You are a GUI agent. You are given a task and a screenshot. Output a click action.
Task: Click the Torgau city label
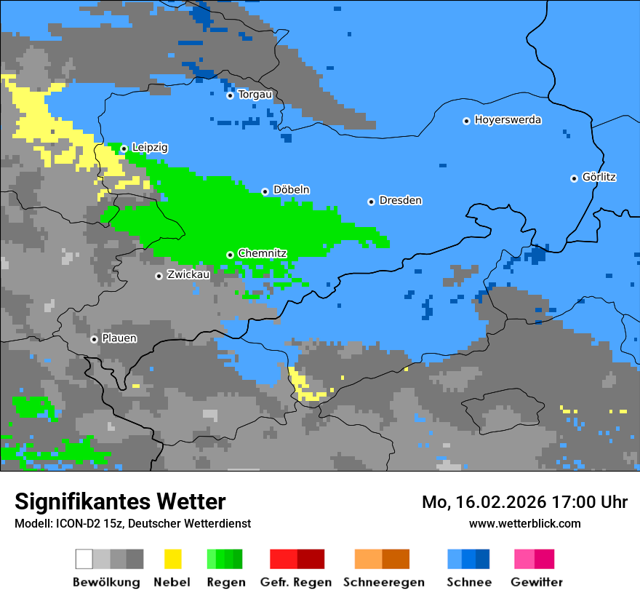(255, 95)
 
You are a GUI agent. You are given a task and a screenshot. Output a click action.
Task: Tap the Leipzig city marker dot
(124, 148)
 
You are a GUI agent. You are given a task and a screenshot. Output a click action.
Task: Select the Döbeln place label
(291, 190)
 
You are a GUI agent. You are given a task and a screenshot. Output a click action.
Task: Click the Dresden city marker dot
(371, 202)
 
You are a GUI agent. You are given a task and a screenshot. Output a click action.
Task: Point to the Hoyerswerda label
(508, 120)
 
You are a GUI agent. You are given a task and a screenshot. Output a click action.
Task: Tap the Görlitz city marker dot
(574, 178)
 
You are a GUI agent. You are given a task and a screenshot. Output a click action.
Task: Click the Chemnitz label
(262, 253)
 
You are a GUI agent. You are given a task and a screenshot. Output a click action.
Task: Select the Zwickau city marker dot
(159, 276)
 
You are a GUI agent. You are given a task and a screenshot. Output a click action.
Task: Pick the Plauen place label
(119, 338)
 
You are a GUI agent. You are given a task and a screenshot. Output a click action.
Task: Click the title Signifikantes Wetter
(120, 502)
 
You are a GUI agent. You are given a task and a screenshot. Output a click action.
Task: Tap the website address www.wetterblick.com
(524, 524)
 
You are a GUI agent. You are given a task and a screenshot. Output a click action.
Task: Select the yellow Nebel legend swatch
(172, 559)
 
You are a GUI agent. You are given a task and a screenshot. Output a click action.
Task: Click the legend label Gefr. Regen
(296, 582)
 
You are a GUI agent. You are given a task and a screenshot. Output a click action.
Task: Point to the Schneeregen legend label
(383, 582)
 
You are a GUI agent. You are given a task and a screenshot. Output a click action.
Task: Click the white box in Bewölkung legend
(84, 559)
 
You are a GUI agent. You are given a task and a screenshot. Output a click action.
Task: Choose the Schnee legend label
(468, 582)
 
